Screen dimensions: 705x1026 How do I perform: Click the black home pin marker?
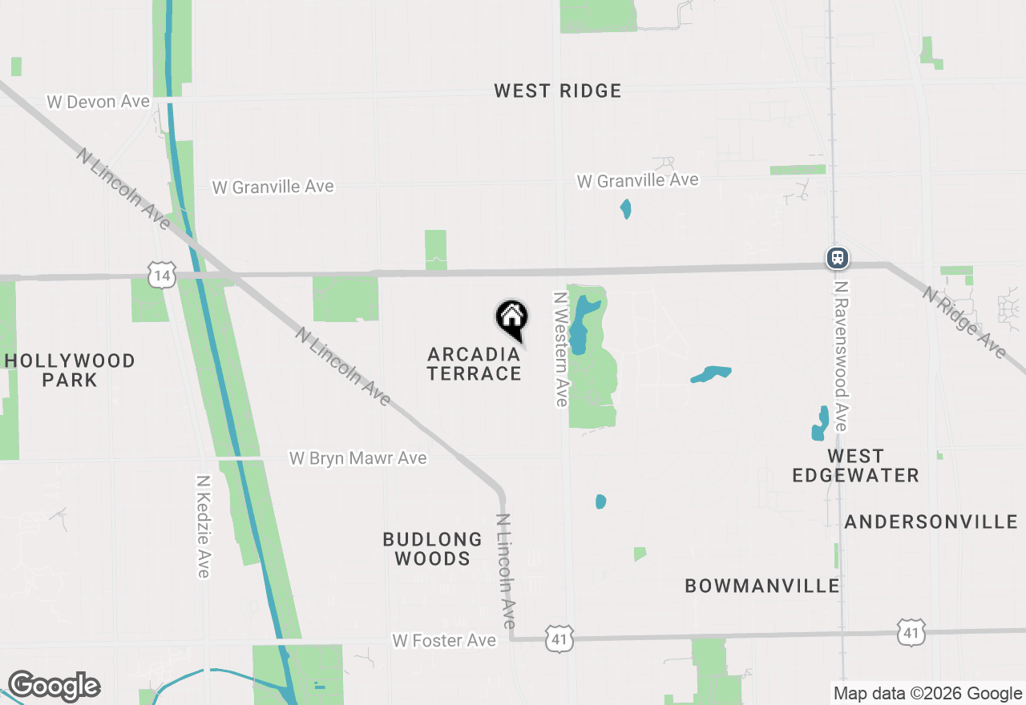pos(511,318)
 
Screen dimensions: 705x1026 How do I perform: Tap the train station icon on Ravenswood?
pos(838,258)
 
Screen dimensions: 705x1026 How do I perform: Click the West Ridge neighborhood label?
pos(557,91)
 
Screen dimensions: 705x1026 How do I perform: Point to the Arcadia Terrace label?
pos(474,364)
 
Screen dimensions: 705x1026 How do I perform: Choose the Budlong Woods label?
pos(432,549)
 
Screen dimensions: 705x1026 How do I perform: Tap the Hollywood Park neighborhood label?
pos(70,370)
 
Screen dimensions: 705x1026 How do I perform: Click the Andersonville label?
pos(931,522)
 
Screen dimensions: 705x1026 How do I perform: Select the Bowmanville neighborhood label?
pos(761,586)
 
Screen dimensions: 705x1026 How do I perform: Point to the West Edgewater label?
pos(855,465)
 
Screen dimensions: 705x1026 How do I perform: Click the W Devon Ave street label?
pos(99,102)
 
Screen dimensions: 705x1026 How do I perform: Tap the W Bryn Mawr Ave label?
pos(357,458)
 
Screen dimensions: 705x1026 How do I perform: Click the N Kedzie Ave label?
pos(203,526)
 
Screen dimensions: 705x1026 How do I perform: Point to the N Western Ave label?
pos(561,348)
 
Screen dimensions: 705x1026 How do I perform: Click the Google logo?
pos(54,687)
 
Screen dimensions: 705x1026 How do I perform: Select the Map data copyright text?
pos(927,694)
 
